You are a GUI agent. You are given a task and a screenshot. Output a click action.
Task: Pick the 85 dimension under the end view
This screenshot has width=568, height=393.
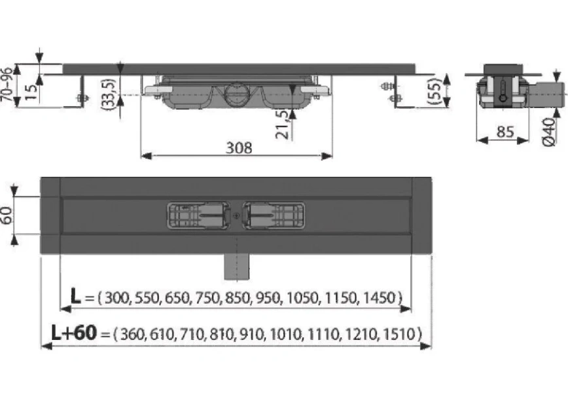(505, 131)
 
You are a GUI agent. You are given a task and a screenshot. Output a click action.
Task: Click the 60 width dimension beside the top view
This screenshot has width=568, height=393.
(7, 214)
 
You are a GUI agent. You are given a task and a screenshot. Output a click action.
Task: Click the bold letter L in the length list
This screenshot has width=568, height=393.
(77, 299)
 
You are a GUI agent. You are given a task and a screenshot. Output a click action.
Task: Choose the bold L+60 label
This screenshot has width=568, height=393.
(74, 333)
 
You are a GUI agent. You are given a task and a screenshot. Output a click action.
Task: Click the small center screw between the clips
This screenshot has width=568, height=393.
(236, 215)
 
